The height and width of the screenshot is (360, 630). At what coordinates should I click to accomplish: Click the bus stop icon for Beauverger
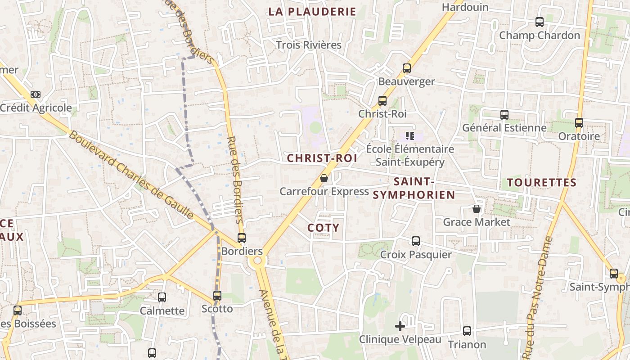pyautogui.click(x=407, y=68)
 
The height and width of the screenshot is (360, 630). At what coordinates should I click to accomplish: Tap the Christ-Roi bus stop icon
pyautogui.click(x=382, y=101)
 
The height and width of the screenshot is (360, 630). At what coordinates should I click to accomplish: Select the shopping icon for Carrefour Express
pyautogui.click(x=324, y=179)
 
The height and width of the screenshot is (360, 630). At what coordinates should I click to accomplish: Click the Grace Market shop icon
pyautogui.click(x=477, y=209)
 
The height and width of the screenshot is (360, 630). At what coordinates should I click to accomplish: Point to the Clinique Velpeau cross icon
pyautogui.click(x=400, y=326)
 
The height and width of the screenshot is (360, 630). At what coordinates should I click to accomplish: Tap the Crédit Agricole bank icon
pyautogui.click(x=36, y=94)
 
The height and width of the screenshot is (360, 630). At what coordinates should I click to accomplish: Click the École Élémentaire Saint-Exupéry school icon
pyautogui.click(x=409, y=135)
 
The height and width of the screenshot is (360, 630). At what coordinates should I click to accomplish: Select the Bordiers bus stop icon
pyautogui.click(x=242, y=238)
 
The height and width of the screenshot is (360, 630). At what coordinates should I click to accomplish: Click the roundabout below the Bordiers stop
pyautogui.click(x=257, y=261)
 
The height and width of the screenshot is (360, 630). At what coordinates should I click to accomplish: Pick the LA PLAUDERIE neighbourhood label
pyautogui.click(x=312, y=12)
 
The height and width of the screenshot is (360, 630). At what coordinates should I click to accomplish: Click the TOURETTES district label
pyautogui.click(x=542, y=182)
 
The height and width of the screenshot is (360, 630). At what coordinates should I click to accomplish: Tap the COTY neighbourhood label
pyautogui.click(x=323, y=228)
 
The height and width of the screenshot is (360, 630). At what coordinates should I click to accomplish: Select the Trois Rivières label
pyautogui.click(x=309, y=45)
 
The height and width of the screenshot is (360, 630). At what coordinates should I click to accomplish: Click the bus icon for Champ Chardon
pyautogui.click(x=539, y=22)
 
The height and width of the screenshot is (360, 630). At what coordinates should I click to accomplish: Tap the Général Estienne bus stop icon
pyautogui.click(x=504, y=114)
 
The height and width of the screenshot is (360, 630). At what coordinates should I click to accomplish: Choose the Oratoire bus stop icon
pyautogui.click(x=579, y=122)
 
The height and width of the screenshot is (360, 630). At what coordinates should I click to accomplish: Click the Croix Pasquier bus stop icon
pyautogui.click(x=416, y=241)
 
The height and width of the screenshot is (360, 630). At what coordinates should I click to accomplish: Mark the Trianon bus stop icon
pyautogui.click(x=467, y=331)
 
